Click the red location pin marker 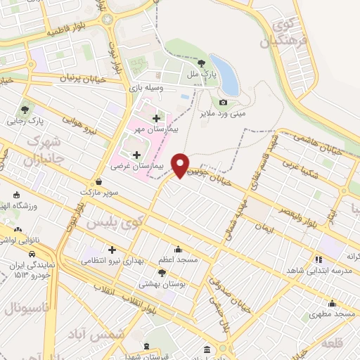coord(181,165)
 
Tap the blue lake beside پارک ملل coord(225,73)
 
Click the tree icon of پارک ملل coord(210,62)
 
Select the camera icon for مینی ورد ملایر coord(223,103)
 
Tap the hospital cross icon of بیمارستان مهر coord(156,118)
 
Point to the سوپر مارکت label coord(97,191)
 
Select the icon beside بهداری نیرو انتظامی coord(112,249)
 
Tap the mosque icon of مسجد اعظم coord(178,248)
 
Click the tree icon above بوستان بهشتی coord(163,274)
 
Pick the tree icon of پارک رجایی coord(26,110)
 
